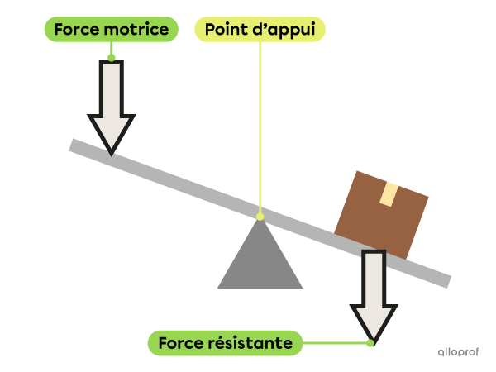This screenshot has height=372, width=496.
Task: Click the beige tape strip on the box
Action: [388, 194]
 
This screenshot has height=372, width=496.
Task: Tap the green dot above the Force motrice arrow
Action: [112, 58]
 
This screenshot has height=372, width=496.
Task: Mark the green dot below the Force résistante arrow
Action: [370, 341]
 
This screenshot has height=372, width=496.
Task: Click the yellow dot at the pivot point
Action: [260, 217]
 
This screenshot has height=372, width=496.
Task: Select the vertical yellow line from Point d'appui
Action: [260, 124]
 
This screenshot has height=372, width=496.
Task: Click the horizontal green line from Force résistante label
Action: [335, 342]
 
